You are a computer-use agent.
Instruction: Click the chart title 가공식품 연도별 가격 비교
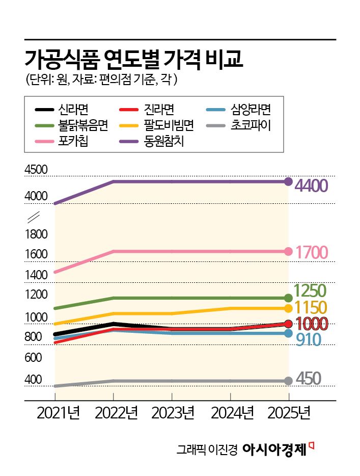134,60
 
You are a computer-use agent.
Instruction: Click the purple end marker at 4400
288,181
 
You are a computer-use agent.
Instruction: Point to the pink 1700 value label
312,252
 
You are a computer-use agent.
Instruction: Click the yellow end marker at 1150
288,308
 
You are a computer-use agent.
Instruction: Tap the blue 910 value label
308,340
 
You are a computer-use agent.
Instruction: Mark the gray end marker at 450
288,381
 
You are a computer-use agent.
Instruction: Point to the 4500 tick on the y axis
36,170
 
